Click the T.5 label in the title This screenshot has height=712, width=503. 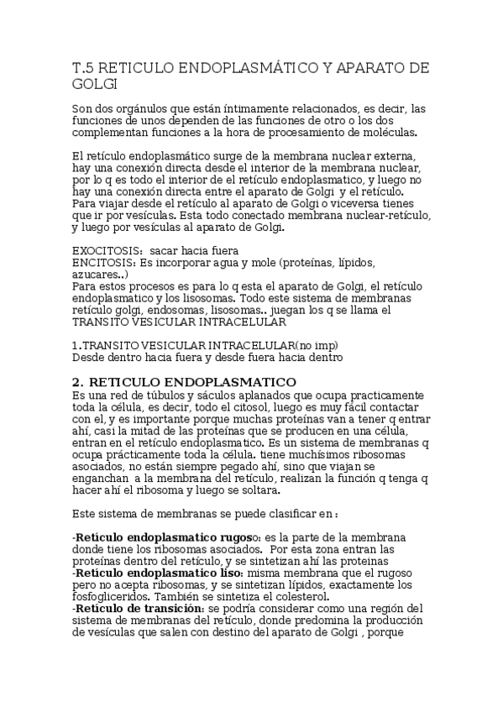click(x=85, y=68)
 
